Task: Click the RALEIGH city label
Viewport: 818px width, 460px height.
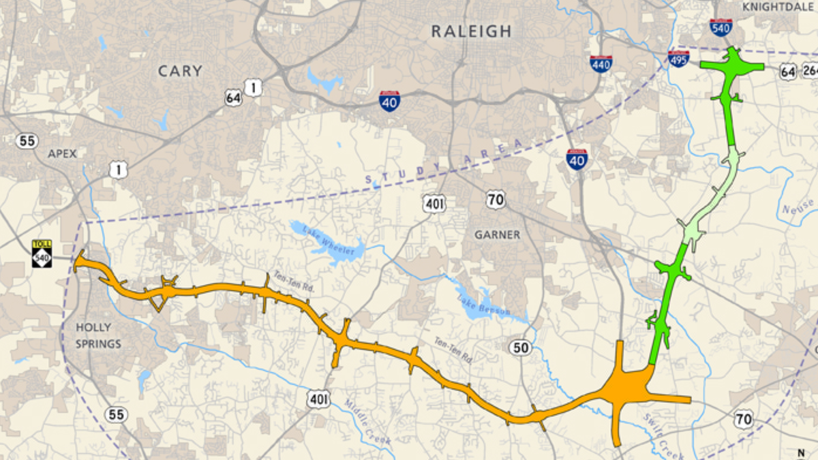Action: click(x=471, y=31)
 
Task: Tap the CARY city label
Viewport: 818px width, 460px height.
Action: click(x=180, y=71)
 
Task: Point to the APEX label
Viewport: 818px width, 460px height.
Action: click(x=62, y=153)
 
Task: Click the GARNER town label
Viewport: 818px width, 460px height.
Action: click(x=497, y=234)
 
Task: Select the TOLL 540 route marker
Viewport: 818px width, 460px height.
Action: click(x=42, y=254)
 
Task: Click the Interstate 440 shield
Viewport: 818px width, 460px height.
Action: click(x=601, y=63)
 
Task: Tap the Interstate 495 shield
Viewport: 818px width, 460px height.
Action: click(x=678, y=58)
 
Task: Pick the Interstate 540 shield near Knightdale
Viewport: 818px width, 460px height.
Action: click(x=721, y=27)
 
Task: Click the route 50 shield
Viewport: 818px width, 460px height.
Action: click(x=519, y=348)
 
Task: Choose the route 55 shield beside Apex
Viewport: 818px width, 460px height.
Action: click(x=27, y=141)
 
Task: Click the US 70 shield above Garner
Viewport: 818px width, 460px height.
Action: click(x=496, y=200)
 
